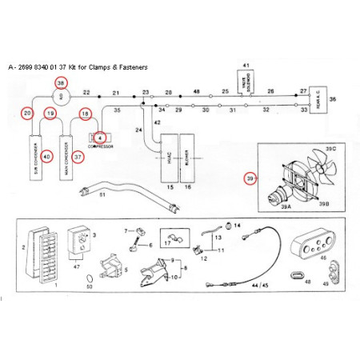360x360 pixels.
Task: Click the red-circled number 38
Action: coord(61,83)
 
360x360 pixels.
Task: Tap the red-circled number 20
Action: coord(28,115)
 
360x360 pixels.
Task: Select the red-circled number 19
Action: coord(50,115)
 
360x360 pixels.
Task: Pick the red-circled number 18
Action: coord(86,115)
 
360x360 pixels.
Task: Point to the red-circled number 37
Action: coord(78,157)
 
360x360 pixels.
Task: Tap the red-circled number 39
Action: coord(251,178)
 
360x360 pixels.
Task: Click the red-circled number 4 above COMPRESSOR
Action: coord(101,138)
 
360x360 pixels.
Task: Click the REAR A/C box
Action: coord(317,99)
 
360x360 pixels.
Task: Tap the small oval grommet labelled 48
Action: coord(302,275)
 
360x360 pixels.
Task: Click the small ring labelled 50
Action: coord(89,276)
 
